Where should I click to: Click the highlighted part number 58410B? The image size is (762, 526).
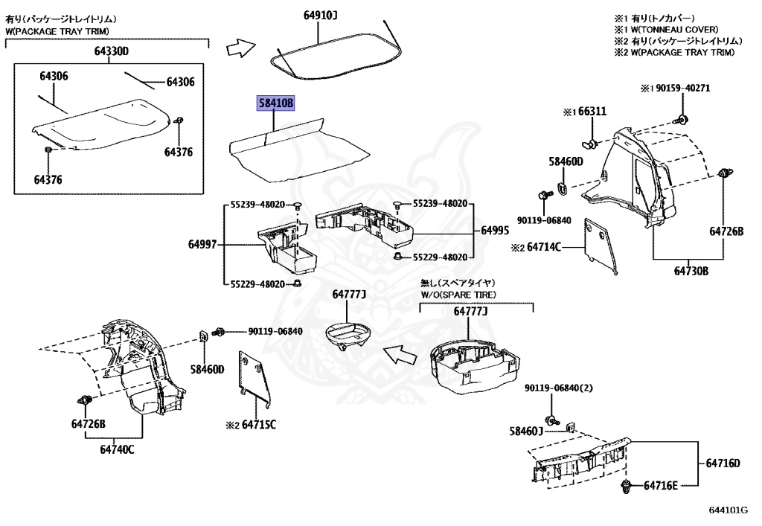click(276, 103)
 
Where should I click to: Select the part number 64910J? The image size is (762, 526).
click(321, 15)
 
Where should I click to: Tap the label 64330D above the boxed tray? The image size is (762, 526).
click(111, 51)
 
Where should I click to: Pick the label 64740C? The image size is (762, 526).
click(118, 449)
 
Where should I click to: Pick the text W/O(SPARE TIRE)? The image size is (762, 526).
click(458, 295)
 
